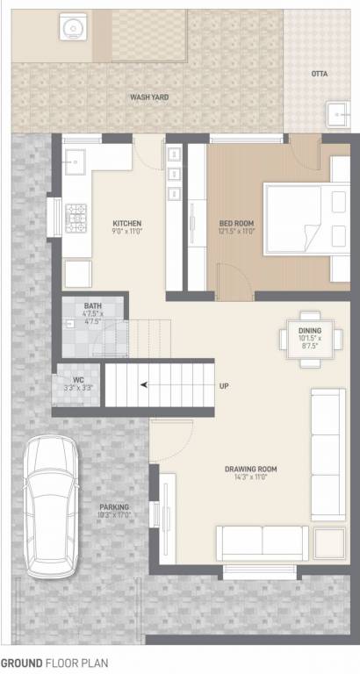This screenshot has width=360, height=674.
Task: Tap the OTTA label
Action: pos(319,74)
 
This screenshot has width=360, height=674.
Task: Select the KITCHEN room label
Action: pos(127,223)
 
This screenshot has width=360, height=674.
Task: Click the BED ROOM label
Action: pos(236,223)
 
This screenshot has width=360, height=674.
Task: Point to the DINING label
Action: pos(309,330)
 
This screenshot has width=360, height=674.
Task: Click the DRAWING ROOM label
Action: pos(250,470)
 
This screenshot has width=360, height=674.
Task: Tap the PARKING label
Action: pos(114,507)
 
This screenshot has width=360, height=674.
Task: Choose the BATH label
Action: pos(92,306)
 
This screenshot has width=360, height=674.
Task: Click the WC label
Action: pos(77,381)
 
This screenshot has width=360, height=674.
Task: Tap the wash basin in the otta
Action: pos(336,113)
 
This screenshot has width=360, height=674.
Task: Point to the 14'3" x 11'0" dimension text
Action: pos(250,479)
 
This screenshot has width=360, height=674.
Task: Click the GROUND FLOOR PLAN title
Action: pos(54,663)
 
